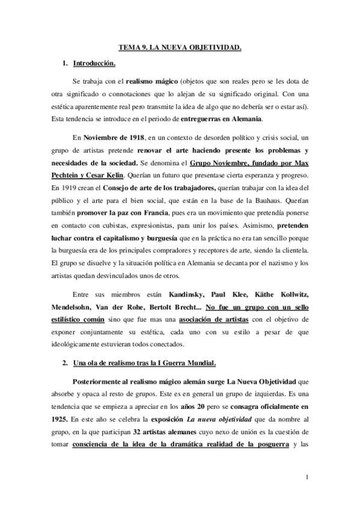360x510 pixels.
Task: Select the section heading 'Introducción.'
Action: tap(94, 63)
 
